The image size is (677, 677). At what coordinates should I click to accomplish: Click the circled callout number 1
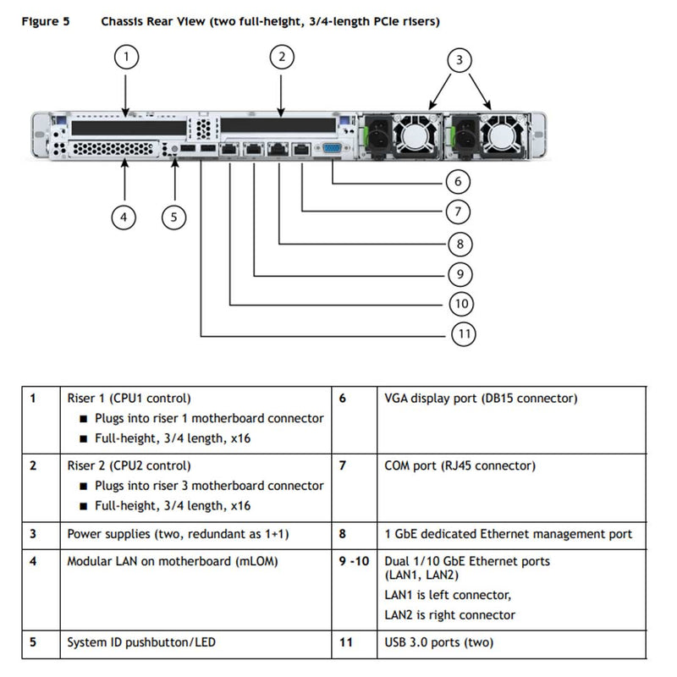[125, 58]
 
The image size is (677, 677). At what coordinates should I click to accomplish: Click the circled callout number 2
[282, 58]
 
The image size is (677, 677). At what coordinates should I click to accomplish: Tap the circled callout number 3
[459, 59]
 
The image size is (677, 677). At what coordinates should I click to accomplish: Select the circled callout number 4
[124, 217]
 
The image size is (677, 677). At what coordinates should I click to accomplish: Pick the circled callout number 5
[173, 217]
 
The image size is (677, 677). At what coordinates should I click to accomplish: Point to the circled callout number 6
[458, 181]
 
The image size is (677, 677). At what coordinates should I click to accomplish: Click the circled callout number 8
[458, 245]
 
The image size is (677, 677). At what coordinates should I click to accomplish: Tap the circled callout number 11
[462, 334]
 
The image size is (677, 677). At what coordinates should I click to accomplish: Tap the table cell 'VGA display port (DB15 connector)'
[481, 398]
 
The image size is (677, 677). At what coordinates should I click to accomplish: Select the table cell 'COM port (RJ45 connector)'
[460, 465]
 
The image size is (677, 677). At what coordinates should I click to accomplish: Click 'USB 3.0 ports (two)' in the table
[439, 642]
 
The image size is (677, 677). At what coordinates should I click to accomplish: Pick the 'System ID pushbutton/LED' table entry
[141, 642]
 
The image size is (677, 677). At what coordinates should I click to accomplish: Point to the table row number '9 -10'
[354, 561]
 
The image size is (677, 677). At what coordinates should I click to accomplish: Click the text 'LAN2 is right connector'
[449, 615]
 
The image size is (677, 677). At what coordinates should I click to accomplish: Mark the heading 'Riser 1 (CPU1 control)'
[129, 398]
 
